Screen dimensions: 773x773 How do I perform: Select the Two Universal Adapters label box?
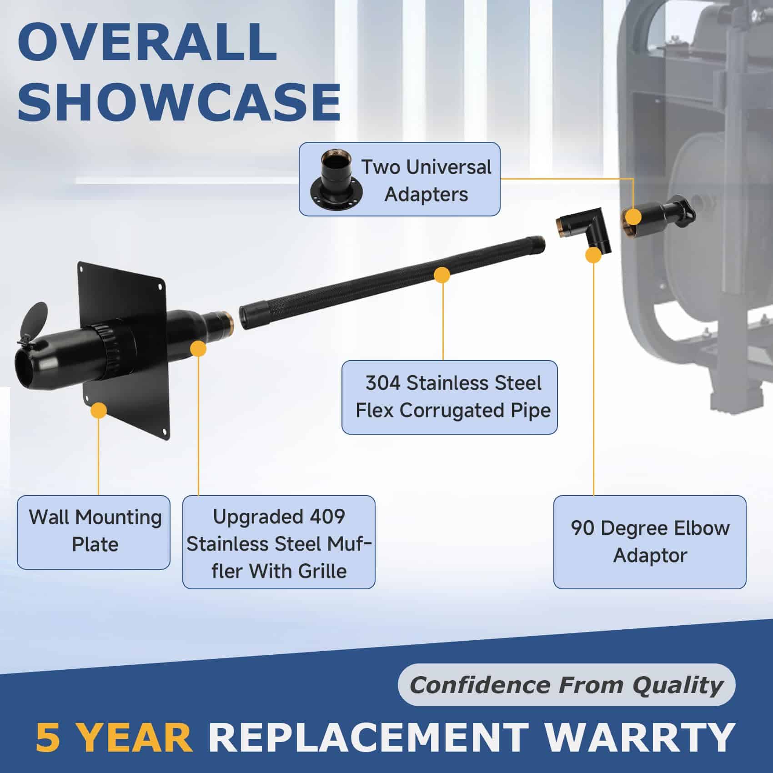pos(399,179)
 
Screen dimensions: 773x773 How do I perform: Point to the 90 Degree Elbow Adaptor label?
pos(650,542)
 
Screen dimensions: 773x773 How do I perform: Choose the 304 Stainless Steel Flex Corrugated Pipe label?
pos(449,397)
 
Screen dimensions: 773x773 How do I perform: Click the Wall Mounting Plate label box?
pos(94,532)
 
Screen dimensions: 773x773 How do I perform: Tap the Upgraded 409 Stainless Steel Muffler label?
pos(279,542)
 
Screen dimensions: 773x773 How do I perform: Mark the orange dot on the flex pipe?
pos(442,275)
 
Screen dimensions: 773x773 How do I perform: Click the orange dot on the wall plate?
pos(98,410)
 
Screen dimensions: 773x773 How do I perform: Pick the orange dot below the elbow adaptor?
pos(593,256)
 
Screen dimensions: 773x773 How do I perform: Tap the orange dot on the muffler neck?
pos(198,349)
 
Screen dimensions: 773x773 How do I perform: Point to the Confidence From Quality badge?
pos(567,685)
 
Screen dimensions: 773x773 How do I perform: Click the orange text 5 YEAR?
pos(114,737)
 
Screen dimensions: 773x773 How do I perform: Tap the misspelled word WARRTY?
pos(640,737)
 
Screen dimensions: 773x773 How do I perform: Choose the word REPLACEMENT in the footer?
pos(369,737)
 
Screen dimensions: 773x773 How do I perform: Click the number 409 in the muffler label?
pos(324,517)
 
